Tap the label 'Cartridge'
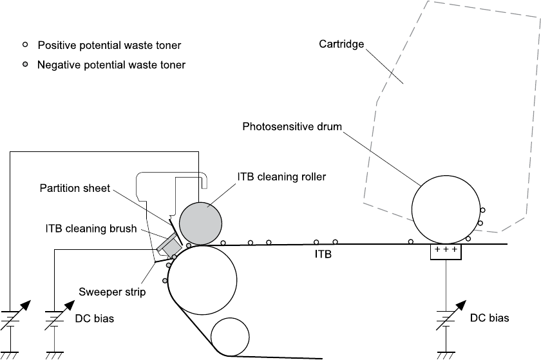click(x=341, y=44)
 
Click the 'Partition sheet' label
click(x=75, y=188)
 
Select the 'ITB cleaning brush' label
click(x=91, y=229)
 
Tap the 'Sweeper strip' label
click(x=112, y=292)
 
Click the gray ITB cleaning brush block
click(x=168, y=245)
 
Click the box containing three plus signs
click(x=446, y=252)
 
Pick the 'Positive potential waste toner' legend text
click(x=109, y=46)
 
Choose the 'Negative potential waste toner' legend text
click(x=111, y=65)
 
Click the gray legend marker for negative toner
click(x=25, y=65)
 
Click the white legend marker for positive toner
click(x=25, y=46)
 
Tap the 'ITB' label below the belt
click(x=323, y=255)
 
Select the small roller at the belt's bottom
click(x=230, y=337)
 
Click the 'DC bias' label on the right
click(x=489, y=318)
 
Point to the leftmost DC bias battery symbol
click(x=12, y=320)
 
